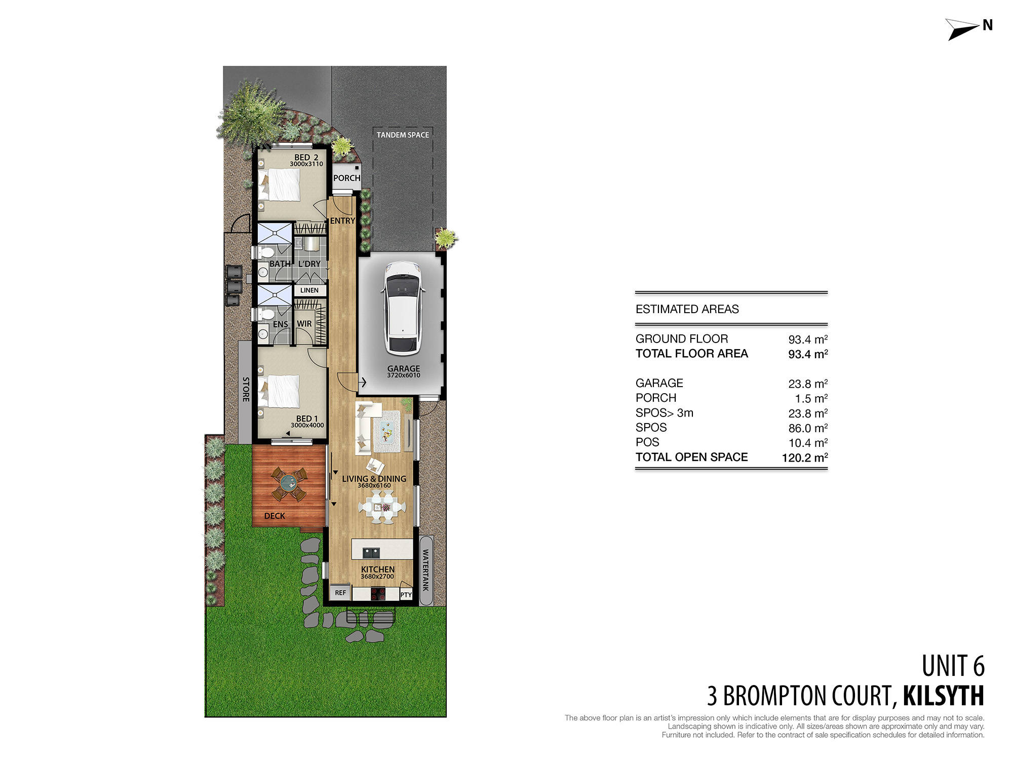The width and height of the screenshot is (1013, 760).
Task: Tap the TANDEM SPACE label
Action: [403, 135]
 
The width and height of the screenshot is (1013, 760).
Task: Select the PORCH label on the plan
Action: [347, 178]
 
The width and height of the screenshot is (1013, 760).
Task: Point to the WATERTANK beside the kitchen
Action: [426, 570]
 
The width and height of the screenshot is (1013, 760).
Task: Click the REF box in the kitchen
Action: [340, 592]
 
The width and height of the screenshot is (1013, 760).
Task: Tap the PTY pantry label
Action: [406, 594]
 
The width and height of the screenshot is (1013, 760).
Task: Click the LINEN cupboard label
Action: [309, 290]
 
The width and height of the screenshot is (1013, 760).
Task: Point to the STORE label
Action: [246, 389]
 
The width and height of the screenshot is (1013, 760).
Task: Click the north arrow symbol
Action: [962, 29]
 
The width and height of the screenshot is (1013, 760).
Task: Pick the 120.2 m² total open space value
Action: [804, 458]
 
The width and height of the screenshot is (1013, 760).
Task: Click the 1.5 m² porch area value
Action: [811, 398]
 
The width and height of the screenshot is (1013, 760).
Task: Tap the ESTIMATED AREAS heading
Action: [687, 309]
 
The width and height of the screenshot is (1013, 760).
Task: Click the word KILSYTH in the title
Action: [943, 696]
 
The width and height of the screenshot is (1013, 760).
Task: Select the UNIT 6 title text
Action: [953, 666]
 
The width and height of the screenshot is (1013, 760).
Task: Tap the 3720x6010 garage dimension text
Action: [403, 375]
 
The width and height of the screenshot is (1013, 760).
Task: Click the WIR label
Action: [304, 324]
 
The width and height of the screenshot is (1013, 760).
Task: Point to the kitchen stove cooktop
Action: [378, 593]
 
